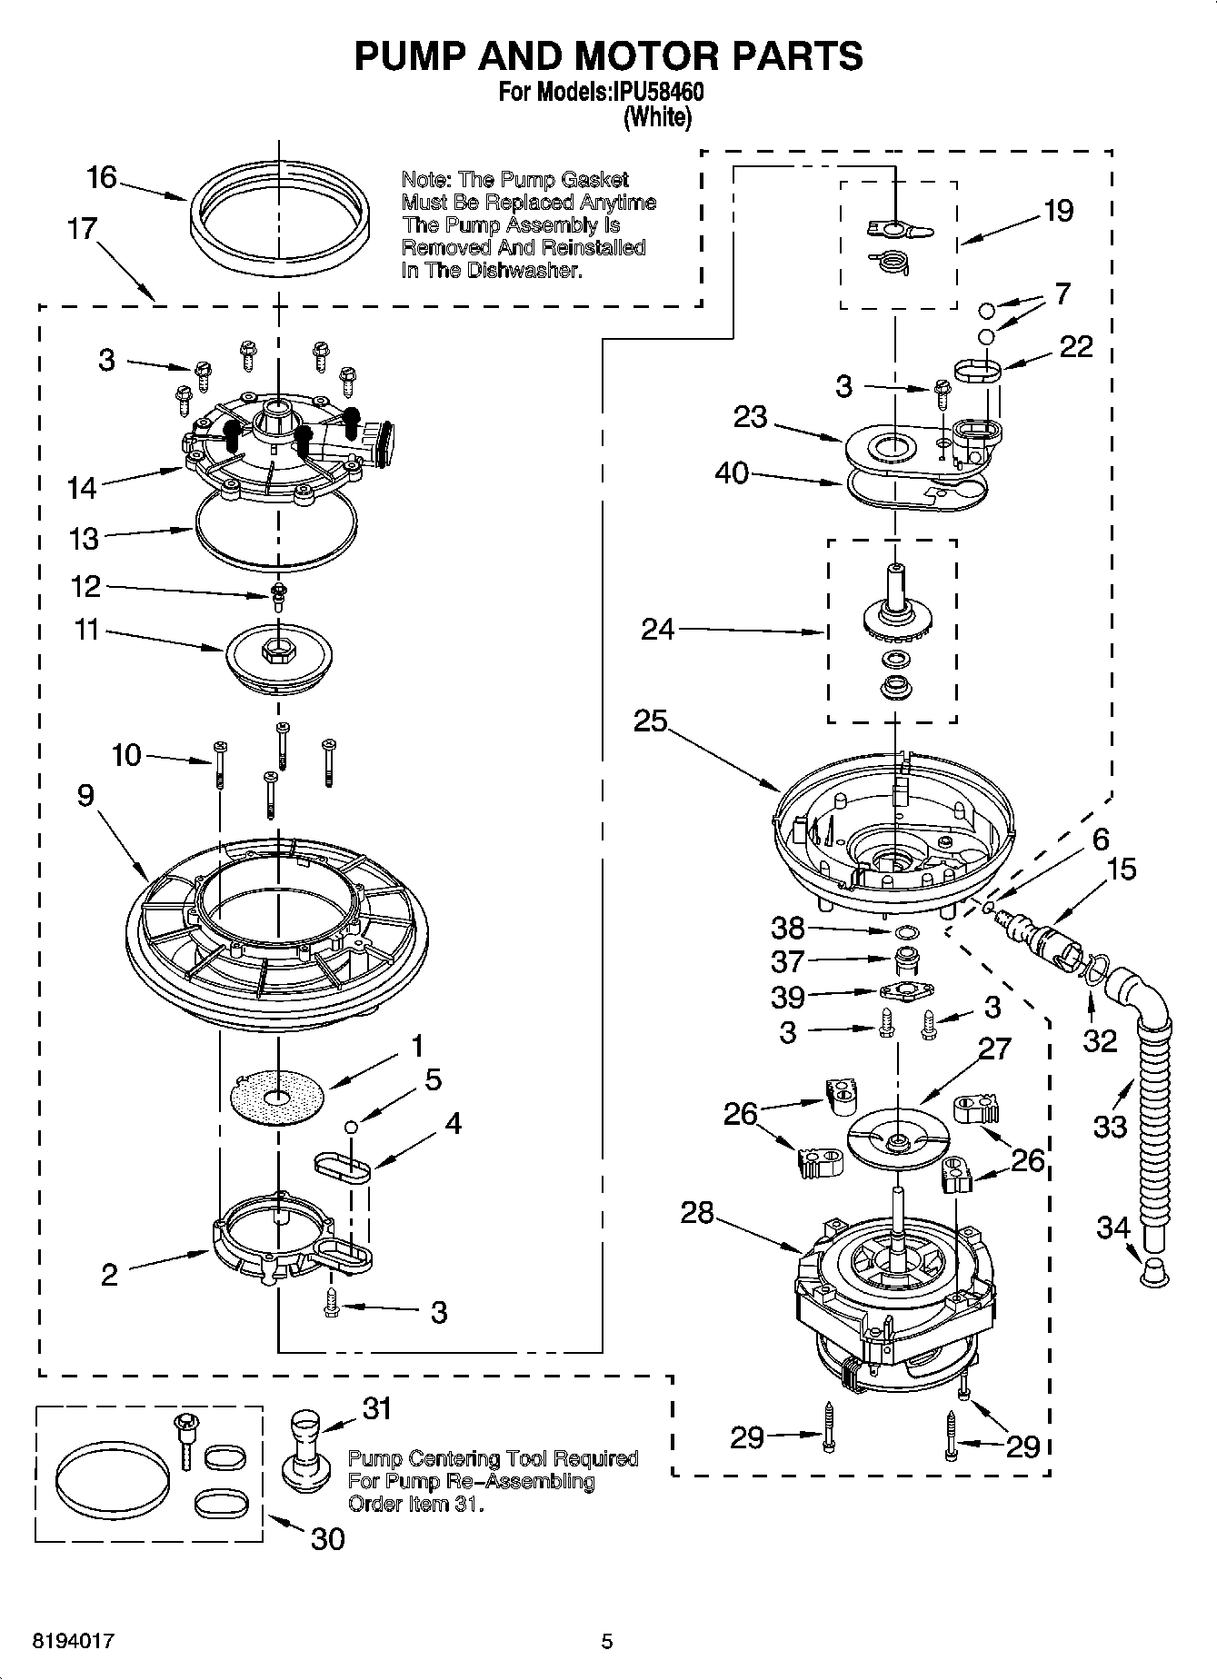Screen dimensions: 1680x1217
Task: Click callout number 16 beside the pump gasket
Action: click(102, 177)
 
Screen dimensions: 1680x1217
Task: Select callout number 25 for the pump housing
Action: click(651, 721)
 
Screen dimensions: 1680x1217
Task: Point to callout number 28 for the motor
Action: click(697, 1213)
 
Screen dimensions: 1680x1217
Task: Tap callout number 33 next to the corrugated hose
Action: click(1110, 1127)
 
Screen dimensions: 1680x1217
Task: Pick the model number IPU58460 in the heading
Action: click(653, 93)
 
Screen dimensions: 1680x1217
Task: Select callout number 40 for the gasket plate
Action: click(732, 472)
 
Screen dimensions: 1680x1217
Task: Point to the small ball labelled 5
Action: click(352, 1127)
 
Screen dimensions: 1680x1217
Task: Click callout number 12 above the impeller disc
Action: click(85, 586)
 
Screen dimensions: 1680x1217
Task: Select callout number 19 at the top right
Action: click(1058, 211)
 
